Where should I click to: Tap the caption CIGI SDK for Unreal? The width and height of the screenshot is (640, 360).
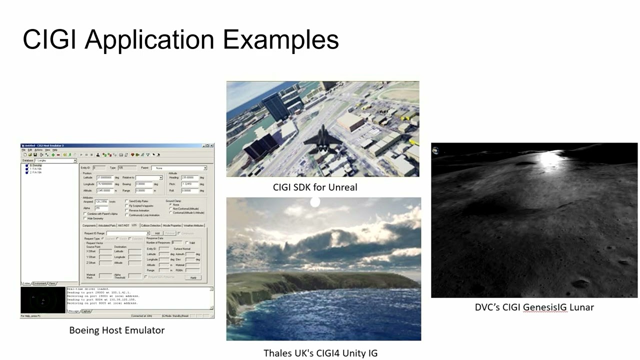315,187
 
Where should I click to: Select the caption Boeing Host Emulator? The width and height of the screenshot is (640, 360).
116,330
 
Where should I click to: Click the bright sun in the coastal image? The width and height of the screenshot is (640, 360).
315,202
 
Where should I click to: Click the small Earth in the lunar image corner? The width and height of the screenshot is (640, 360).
436,149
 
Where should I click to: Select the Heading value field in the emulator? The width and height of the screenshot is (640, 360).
189,177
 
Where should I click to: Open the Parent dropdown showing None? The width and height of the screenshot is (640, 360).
179,168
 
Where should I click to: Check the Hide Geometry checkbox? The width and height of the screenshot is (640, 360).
84,218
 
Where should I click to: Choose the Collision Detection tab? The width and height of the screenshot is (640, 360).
150,225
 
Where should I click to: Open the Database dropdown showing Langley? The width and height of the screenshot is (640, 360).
55,160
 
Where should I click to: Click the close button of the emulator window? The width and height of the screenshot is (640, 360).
211,145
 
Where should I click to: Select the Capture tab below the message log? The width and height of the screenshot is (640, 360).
86,311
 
